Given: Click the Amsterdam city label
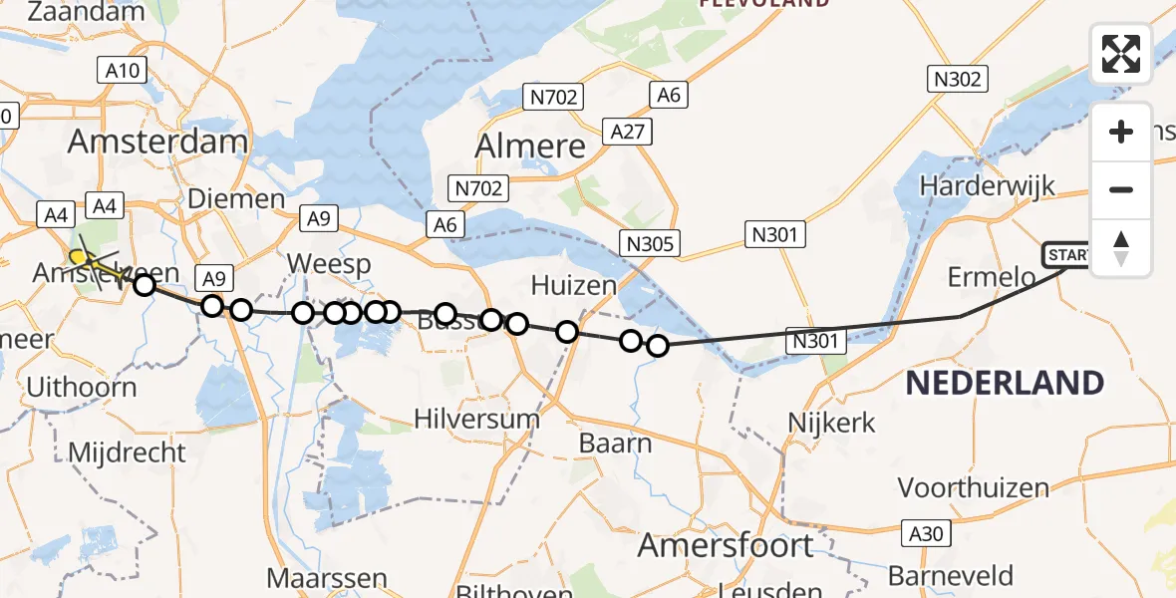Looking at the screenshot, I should click(157, 141).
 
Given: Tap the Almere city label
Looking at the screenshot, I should click(530, 147).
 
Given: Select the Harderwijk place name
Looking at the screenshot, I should click(987, 185).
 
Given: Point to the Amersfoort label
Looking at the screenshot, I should click(725, 545).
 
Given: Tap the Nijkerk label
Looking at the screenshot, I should click(831, 423).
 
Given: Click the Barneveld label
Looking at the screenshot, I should click(950, 576).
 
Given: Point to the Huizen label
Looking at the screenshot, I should click(573, 286).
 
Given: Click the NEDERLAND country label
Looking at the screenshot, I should click(1005, 383).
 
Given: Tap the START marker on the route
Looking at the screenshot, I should click(1066, 256).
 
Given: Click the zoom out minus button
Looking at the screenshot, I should click(1121, 190).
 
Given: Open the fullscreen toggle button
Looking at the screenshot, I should click(1121, 54).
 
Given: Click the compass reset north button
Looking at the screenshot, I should click(1121, 247).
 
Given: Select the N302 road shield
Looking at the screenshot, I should click(958, 80).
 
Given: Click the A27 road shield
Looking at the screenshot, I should click(627, 131).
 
